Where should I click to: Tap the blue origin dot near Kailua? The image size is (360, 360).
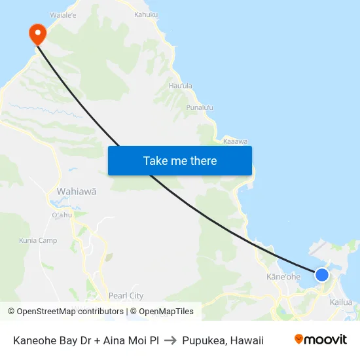[321, 275]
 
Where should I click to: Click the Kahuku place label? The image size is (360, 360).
[145, 14]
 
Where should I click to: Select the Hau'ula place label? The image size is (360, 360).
[181, 86]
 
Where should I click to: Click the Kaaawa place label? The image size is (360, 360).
[235, 141]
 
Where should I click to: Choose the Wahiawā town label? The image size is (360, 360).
[77, 192]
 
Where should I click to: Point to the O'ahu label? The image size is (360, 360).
[62, 215]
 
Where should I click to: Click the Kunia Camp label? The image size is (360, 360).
[38, 240]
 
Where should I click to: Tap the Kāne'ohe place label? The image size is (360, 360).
[283, 277]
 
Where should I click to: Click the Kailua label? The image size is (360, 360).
[341, 302]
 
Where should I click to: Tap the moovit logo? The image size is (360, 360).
[320, 339]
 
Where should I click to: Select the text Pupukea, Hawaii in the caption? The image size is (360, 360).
[223, 340]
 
